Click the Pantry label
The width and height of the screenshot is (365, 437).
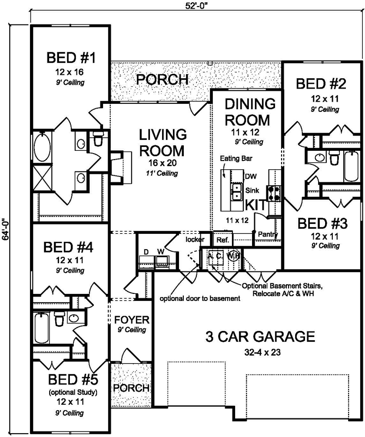point(268,235)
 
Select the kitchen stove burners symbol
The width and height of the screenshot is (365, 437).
point(273,192)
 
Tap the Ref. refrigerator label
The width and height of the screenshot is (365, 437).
point(223,240)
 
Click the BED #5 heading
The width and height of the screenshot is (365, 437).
point(71,380)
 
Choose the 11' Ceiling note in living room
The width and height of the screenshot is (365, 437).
point(163,173)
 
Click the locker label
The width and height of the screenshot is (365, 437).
point(195,239)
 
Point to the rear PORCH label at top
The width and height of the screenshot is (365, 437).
point(162,80)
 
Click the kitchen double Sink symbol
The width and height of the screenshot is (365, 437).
point(237,191)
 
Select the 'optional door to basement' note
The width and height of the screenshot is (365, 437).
point(200,299)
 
